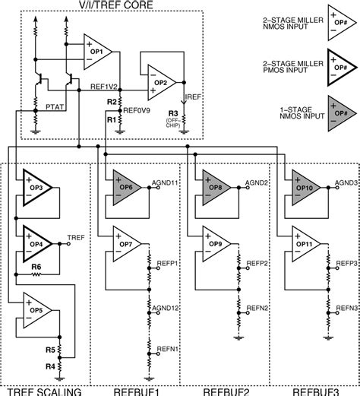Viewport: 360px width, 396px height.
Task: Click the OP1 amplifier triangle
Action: coord(97,51)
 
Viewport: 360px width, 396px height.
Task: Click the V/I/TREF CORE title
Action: coord(108,5)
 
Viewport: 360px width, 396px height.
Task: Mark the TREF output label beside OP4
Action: coord(77,238)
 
